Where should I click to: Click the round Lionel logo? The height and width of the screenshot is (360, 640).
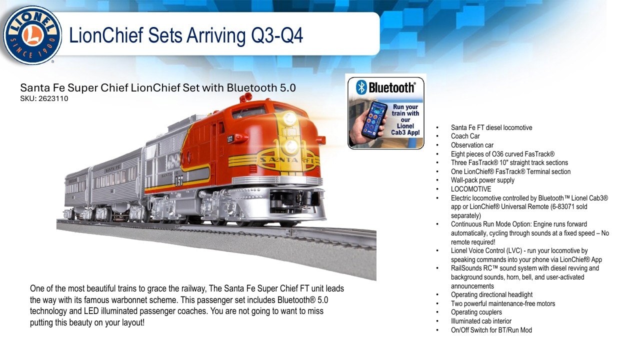[x=32, y=35]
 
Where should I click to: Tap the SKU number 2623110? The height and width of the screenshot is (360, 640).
[x=53, y=98]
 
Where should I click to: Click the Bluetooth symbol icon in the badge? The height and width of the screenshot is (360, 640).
[x=361, y=87]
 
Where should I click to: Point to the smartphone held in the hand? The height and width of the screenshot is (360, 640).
[x=373, y=119]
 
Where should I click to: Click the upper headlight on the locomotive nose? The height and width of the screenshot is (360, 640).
[x=289, y=118]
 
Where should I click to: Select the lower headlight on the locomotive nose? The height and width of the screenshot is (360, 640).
[x=290, y=146]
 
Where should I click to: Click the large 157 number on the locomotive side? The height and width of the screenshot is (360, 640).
[x=179, y=180]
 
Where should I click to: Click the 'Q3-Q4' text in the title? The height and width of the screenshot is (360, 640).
[x=277, y=35]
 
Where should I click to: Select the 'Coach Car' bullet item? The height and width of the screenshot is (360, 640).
[x=465, y=136]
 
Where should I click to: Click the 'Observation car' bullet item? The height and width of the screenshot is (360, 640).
[x=472, y=145]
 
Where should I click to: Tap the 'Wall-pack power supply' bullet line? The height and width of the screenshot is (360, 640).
[x=482, y=180]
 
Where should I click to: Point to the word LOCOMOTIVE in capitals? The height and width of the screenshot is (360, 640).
[x=471, y=189]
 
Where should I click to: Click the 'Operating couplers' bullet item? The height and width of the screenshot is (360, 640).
[x=476, y=312]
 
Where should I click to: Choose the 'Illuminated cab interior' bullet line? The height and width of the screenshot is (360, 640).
[x=481, y=321]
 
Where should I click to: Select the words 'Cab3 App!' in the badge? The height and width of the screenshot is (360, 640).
[x=405, y=132]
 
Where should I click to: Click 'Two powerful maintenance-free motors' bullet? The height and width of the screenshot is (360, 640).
[x=503, y=303]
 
